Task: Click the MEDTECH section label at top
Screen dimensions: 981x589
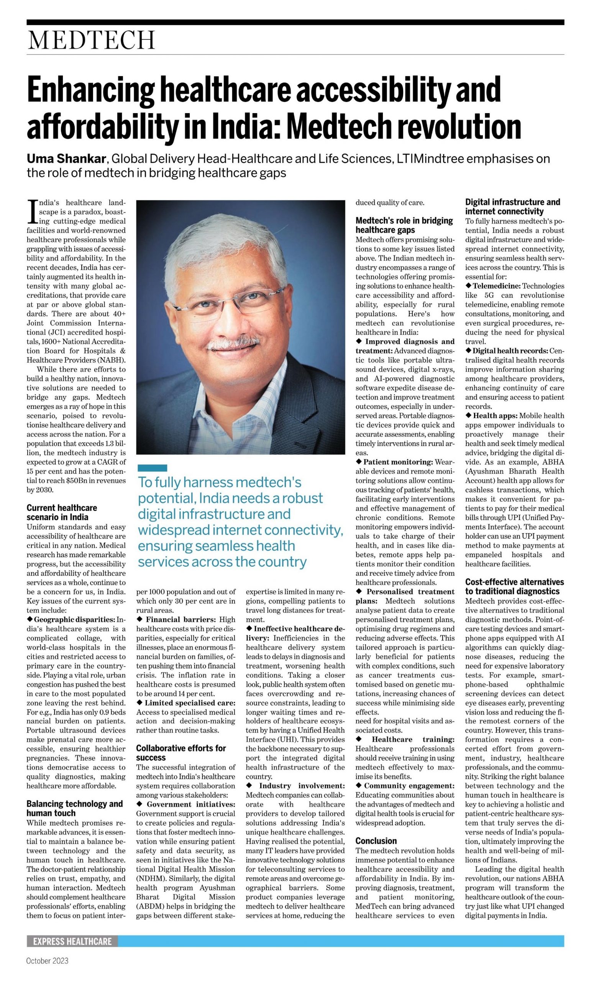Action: point(91,40)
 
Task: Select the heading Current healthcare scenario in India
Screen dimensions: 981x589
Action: point(62,512)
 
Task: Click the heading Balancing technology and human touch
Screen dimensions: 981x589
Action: point(75,809)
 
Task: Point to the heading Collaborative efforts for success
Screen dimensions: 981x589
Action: point(180,753)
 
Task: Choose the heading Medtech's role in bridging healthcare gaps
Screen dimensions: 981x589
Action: point(404,225)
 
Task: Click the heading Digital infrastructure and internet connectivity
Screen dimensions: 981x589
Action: point(512,207)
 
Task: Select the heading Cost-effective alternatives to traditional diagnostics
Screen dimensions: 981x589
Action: point(514,587)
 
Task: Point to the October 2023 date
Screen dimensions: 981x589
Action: point(47,961)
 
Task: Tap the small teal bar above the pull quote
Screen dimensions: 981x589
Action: point(153,468)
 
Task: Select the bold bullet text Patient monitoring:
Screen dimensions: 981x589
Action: point(398,462)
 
